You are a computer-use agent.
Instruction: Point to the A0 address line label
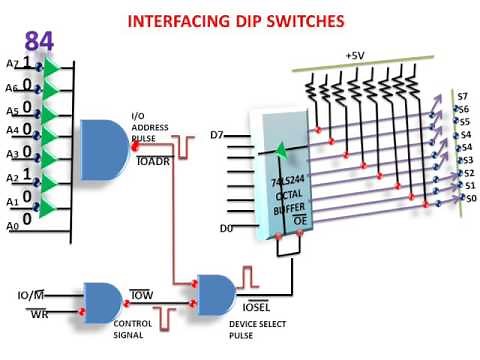(13, 227)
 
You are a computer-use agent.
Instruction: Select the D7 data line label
(219, 134)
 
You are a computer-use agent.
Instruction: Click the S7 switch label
(462, 96)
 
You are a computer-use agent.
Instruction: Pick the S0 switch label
(469, 199)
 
